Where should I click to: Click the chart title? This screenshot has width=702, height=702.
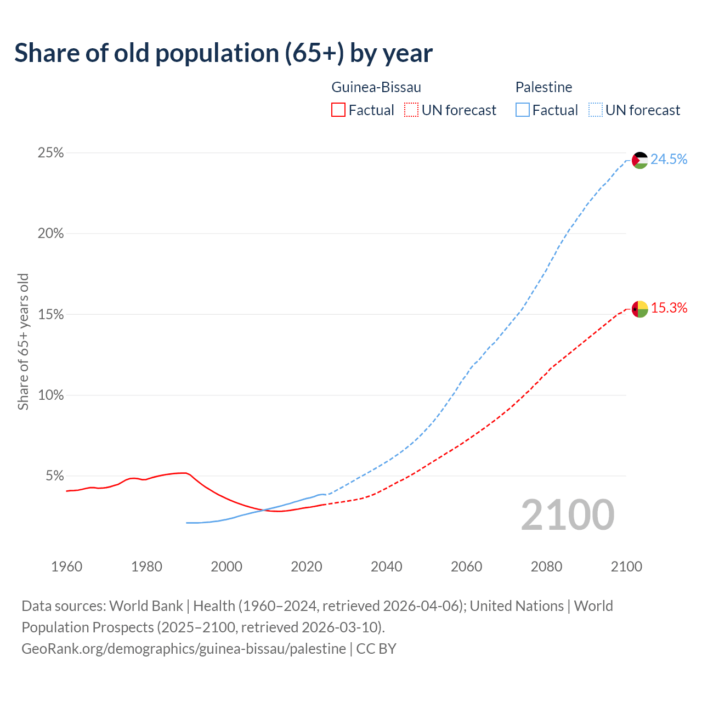pyautogui.click(x=223, y=53)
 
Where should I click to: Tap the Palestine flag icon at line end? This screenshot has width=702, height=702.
pyautogui.click(x=640, y=160)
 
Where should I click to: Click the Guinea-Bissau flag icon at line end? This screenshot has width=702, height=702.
pyautogui.click(x=640, y=309)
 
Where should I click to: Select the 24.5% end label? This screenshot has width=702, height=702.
pyautogui.click(x=669, y=160)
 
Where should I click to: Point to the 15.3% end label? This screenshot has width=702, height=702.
pyautogui.click(x=669, y=308)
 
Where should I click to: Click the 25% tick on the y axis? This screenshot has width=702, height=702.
pyautogui.click(x=51, y=153)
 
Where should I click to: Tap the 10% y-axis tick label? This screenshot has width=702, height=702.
pyautogui.click(x=51, y=395)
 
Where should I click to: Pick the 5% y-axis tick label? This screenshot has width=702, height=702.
pyautogui.click(x=55, y=476)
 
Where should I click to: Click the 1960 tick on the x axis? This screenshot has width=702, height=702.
pyautogui.click(x=67, y=567)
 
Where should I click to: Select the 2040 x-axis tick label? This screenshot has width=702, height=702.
pyautogui.click(x=387, y=567)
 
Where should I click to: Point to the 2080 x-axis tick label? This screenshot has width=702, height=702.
pyautogui.click(x=547, y=567)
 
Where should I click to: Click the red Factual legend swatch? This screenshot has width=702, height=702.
pyautogui.click(x=338, y=110)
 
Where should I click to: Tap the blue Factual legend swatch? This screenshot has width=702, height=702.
pyautogui.click(x=522, y=110)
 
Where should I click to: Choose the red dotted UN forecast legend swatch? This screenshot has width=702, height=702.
pyautogui.click(x=411, y=110)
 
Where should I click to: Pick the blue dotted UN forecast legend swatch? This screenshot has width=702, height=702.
pyautogui.click(x=595, y=110)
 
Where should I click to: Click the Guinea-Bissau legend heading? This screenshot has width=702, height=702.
pyautogui.click(x=376, y=87)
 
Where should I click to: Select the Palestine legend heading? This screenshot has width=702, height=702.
pyautogui.click(x=544, y=87)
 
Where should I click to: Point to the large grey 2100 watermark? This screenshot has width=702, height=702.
pyautogui.click(x=568, y=515)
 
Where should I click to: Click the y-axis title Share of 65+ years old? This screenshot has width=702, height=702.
pyautogui.click(x=23, y=342)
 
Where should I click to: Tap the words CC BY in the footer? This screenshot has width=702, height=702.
pyautogui.click(x=376, y=649)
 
